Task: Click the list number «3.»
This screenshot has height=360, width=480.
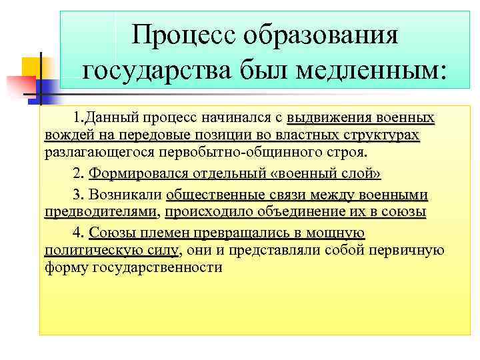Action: tap(77, 195)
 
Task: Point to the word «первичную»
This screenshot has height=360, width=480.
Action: tap(410, 250)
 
